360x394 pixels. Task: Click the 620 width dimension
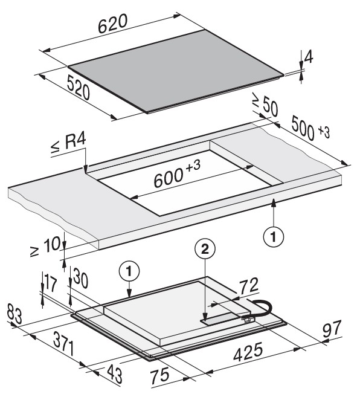pyautogui.click(x=112, y=24)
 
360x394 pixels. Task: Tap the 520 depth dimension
pyautogui.click(x=79, y=88)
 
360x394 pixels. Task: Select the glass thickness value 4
pyautogui.click(x=309, y=57)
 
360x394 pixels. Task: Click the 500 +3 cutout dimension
pyautogui.click(x=310, y=129)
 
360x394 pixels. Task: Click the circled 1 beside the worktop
pyautogui.click(x=274, y=236)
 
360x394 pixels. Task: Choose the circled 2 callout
pyautogui.click(x=205, y=250)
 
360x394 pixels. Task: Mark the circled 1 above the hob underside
pyautogui.click(x=129, y=271)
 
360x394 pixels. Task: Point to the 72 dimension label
pyautogui.click(x=248, y=286)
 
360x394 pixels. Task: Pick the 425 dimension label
pyautogui.click(x=248, y=352)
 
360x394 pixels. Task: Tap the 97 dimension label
pyautogui.click(x=332, y=328)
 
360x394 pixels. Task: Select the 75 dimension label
pyautogui.click(x=160, y=376)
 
